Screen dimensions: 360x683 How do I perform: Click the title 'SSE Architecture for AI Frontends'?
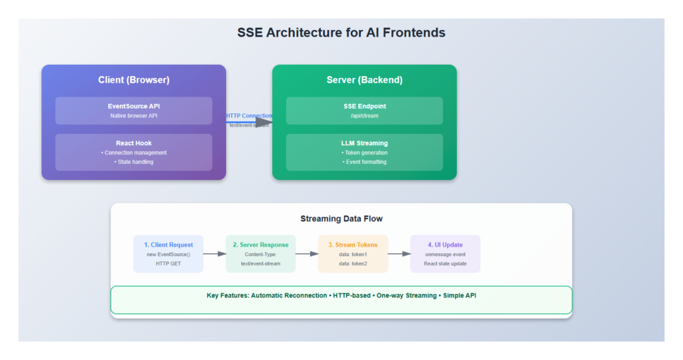pyautogui.click(x=341, y=32)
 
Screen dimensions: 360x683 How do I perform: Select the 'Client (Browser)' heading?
pyautogui.click(x=133, y=80)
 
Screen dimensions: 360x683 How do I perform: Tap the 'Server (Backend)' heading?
pyautogui.click(x=364, y=80)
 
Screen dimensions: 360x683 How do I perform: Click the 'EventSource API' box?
pyautogui.click(x=133, y=111)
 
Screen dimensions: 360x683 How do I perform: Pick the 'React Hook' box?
pyautogui.click(x=133, y=152)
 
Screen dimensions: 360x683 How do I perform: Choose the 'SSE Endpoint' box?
pyautogui.click(x=364, y=111)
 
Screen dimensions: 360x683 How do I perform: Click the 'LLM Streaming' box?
pyautogui.click(x=364, y=152)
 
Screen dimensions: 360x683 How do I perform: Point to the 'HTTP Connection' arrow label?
pyautogui.click(x=249, y=116)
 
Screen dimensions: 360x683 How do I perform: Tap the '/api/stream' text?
pyautogui.click(x=364, y=116)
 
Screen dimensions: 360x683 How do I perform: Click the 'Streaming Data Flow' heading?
pyautogui.click(x=341, y=219)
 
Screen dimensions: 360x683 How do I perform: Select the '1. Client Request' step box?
pyautogui.click(x=168, y=253)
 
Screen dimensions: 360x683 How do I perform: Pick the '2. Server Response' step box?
pyautogui.click(x=260, y=253)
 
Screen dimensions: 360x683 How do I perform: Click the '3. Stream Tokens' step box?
pyautogui.click(x=353, y=253)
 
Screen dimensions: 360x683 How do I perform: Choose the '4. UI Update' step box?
pyautogui.click(x=445, y=253)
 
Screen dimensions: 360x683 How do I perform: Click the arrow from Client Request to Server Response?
pyautogui.click(x=214, y=254)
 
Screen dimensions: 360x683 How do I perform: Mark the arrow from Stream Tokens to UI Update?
pyautogui.click(x=399, y=254)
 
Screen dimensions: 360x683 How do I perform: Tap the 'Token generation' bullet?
pyautogui.click(x=364, y=153)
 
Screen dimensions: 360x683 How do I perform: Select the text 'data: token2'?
pyautogui.click(x=353, y=263)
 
